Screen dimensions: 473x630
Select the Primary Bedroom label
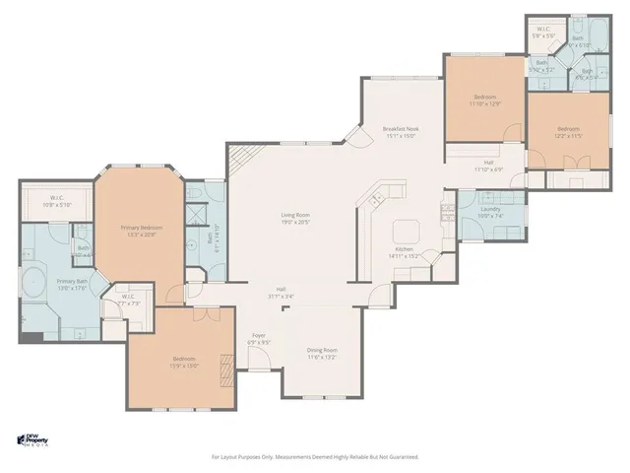tap(141, 231)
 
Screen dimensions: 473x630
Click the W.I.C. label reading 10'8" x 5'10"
tap(57, 201)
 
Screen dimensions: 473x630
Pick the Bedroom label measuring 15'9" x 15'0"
tap(184, 361)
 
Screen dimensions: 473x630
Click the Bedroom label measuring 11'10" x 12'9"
tap(484, 100)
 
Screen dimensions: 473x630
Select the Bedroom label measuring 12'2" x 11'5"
tap(568, 132)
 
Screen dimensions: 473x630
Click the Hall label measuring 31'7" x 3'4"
tap(281, 293)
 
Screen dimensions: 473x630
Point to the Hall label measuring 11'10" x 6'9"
tap(488, 166)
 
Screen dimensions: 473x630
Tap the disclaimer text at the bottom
tap(315, 457)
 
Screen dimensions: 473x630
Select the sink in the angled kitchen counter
tap(376, 201)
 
